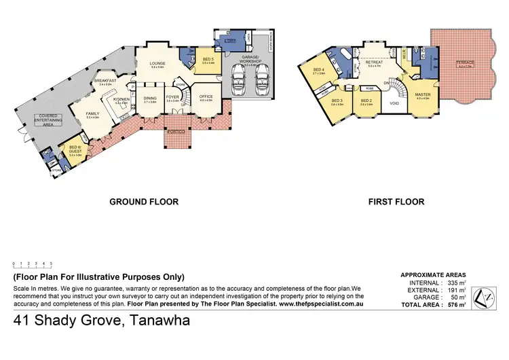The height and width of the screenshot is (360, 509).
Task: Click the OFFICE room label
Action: tap(206, 97)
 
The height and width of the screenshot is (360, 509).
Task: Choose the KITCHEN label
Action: tap(121, 100)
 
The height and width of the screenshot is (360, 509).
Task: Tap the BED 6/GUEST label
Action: tap(75, 152)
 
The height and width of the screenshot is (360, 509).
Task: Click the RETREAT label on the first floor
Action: tap(375, 62)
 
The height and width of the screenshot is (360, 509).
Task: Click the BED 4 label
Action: tap(320, 70)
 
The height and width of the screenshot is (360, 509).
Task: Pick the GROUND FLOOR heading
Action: tap(144, 202)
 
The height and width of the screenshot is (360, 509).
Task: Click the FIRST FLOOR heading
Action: tap(396, 202)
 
